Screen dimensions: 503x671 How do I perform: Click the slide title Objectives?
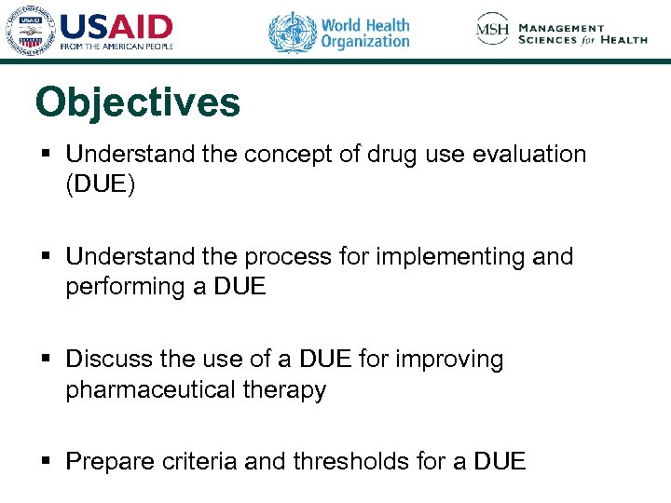tap(137, 103)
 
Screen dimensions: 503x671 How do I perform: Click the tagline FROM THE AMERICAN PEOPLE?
tap(116, 45)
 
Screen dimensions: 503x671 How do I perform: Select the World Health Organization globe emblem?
tap(293, 33)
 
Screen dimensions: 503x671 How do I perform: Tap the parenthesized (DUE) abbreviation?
tap(101, 184)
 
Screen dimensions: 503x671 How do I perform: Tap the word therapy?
tap(292, 389)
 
